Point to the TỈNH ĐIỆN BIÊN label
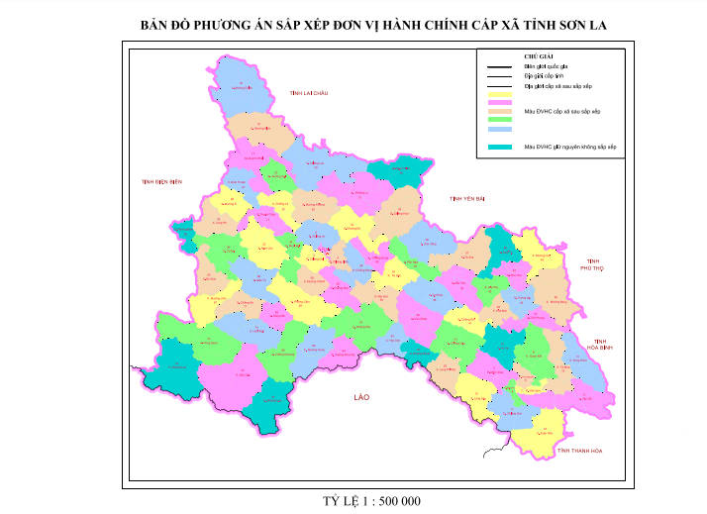[x=162, y=182]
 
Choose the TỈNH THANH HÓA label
[x=579, y=452]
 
